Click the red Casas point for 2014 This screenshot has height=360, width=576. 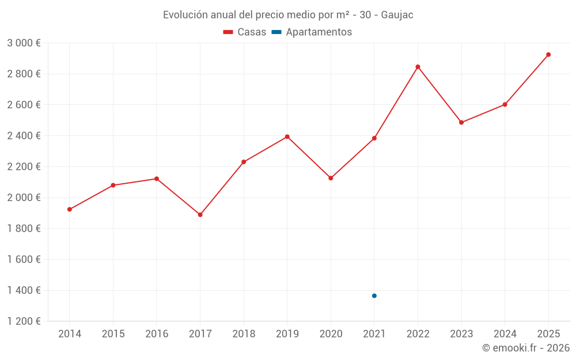(70, 209)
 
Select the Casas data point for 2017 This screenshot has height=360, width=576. (200, 215)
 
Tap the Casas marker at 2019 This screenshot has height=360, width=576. (287, 137)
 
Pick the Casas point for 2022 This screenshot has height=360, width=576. (418, 67)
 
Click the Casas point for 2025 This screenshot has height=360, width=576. (548, 55)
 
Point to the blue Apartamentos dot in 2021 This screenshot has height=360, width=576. (374, 295)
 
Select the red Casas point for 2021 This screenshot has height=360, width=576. (374, 138)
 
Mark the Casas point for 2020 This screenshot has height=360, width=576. (331, 178)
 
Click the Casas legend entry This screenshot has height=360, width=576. (245, 32)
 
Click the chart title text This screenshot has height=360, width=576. (288, 15)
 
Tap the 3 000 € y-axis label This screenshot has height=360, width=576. (24, 43)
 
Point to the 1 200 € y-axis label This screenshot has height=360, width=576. (24, 321)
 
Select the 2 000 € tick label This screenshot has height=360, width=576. (24, 198)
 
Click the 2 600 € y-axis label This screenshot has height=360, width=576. (24, 105)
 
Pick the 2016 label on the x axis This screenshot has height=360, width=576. (157, 334)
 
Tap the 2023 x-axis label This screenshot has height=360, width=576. (461, 334)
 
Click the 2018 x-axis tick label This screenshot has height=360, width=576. (244, 334)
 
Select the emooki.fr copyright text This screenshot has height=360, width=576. (525, 348)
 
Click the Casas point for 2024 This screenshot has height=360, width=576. (505, 104)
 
